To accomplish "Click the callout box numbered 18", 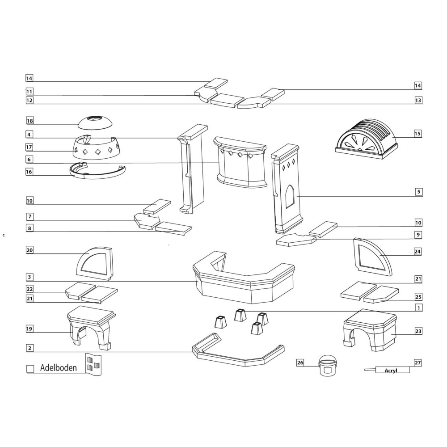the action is [30, 121].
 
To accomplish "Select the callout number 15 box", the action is [417, 133].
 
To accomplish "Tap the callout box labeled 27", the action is [417, 363].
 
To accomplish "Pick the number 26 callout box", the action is [300, 363].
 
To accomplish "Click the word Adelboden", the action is [59, 368].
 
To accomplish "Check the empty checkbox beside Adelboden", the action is [30, 369].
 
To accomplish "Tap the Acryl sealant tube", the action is [387, 370].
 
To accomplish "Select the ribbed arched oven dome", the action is [366, 139].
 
